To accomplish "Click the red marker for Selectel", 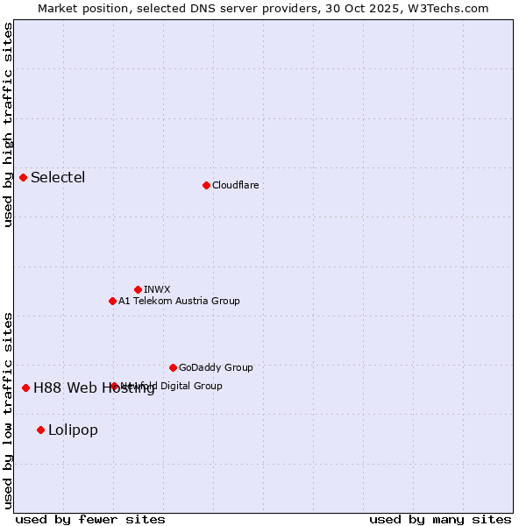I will [24, 177].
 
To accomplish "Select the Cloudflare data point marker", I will [206, 185].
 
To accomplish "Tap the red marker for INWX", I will [138, 289].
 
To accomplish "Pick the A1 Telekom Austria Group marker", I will [112, 301].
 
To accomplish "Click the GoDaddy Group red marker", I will [173, 367].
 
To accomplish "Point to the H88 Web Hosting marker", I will [26, 387].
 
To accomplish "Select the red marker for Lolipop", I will [41, 430].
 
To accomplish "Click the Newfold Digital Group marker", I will [114, 386].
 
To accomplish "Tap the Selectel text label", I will [58, 178].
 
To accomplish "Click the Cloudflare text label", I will [235, 186].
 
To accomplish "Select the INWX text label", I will [157, 290].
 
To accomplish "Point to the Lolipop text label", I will [73, 430].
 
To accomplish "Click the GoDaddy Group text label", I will [216, 368].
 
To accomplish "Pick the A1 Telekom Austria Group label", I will [179, 302].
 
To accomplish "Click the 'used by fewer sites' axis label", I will [90, 519].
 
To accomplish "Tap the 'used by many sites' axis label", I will [440, 519].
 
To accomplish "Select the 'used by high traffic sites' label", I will [9, 124].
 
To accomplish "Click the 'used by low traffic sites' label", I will [9, 409].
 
